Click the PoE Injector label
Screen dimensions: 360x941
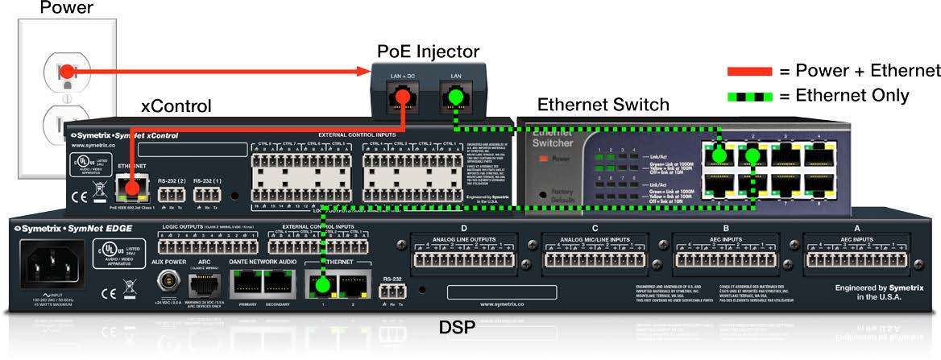click(x=429, y=52)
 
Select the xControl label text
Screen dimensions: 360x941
click(x=176, y=106)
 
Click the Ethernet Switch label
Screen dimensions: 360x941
click(x=603, y=105)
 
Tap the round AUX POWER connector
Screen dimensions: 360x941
click(x=168, y=283)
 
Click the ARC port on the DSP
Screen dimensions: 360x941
click(x=203, y=284)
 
